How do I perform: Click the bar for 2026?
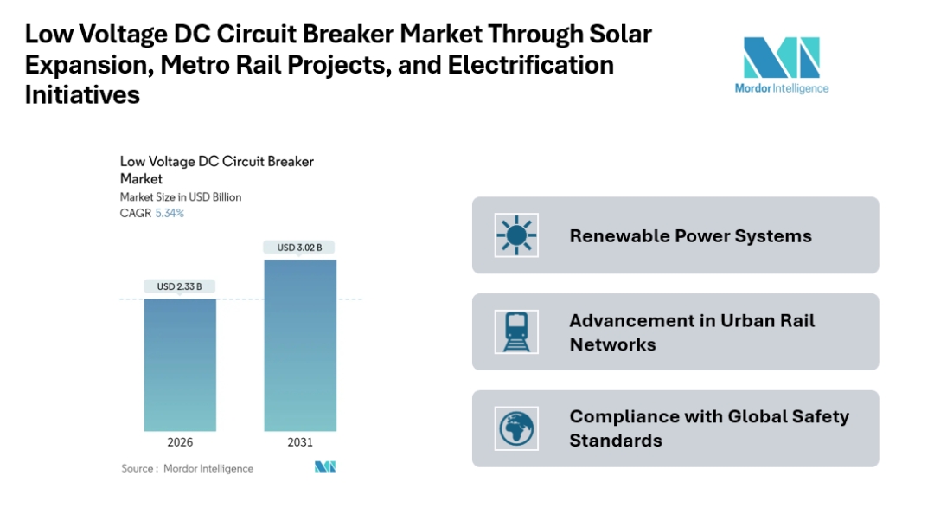pos(180,364)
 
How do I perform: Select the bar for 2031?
pos(300,345)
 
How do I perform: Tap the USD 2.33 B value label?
pos(180,286)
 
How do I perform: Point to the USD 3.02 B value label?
pos(300,248)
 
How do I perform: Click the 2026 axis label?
pos(180,442)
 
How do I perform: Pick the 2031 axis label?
pos(300,442)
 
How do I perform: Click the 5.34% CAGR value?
pos(170,213)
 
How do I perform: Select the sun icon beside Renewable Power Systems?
pos(516,235)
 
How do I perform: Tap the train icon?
pos(516,331)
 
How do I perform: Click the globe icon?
pos(516,428)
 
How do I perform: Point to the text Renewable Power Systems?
pos(690,235)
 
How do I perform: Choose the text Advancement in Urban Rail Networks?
pos(692,332)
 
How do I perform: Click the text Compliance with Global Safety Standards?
pos(709,428)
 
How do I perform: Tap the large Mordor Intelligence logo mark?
pos(781,58)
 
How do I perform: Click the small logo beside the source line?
pos(325,467)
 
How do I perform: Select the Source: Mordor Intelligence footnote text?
pos(188,468)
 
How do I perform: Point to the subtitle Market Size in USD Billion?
pos(181,197)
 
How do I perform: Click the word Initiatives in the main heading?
pos(82,95)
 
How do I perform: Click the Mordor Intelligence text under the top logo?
pos(781,88)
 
